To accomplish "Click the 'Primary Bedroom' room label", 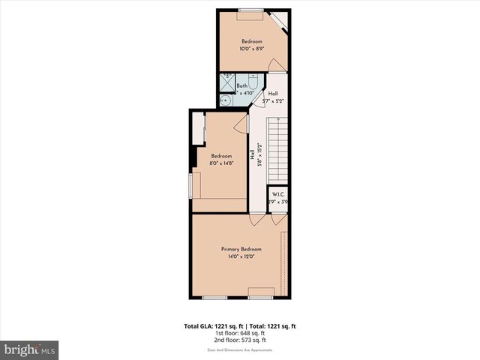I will coord(241,249).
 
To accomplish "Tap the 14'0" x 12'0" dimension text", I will coord(241,256).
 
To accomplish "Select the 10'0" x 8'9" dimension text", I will coord(251,49).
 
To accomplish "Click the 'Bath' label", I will coord(241,86).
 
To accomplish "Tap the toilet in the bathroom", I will coord(253,85).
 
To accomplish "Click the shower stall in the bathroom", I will coord(226,80).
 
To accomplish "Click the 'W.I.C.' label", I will coord(278,194).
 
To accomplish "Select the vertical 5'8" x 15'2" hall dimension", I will coord(259,158).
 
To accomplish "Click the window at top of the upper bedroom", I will coord(250,10).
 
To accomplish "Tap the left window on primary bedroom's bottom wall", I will coord(214,298).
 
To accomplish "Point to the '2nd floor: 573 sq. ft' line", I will coord(241,341).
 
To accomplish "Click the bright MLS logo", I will coord(30,349).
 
